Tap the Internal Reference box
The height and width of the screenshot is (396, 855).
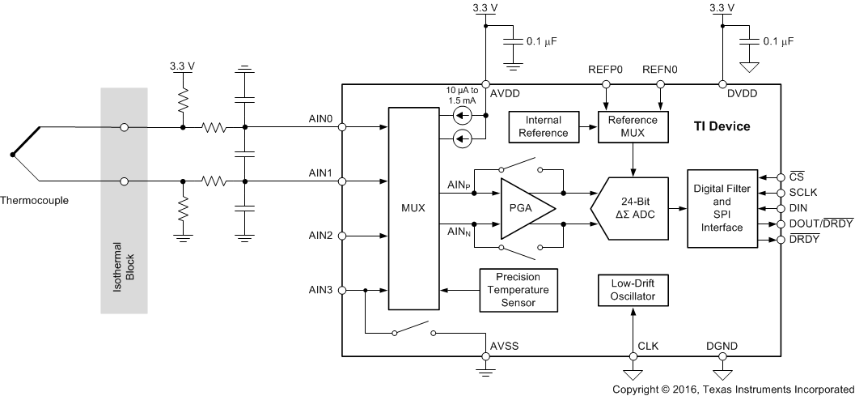(x=544, y=126)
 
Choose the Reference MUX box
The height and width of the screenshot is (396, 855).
(x=633, y=126)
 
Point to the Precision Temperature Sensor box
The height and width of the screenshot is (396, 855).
(x=518, y=291)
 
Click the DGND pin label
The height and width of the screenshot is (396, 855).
(x=722, y=346)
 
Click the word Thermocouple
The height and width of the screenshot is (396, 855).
(x=35, y=199)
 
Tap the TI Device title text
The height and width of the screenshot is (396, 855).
(x=722, y=127)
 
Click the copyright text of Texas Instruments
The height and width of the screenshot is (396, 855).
(x=731, y=389)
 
